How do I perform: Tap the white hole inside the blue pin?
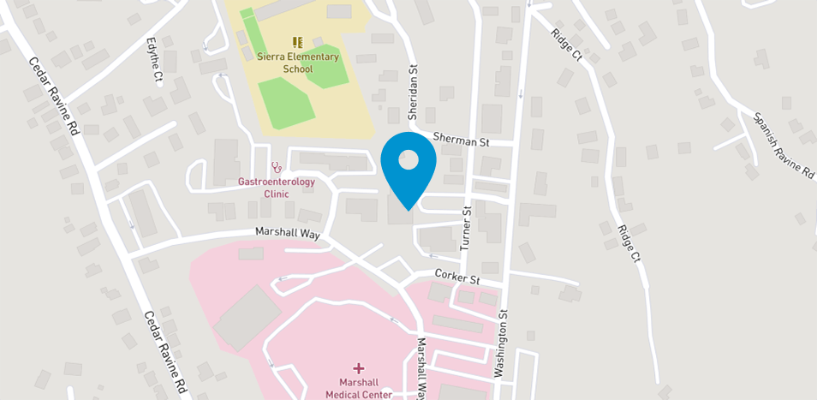point(408,160)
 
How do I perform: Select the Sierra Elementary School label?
point(298,63)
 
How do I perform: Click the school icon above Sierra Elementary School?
point(298,42)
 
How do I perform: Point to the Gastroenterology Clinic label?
point(277,188)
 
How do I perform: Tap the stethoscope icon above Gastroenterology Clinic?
point(276,167)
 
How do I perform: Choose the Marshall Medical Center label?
point(358,389)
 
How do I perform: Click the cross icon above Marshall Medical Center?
point(358,367)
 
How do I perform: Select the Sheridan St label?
point(413,82)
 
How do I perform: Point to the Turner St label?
point(467,227)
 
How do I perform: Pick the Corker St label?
point(456,278)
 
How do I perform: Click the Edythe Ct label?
point(155,58)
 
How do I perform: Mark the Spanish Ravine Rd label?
point(783,146)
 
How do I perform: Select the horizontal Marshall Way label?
point(287,232)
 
